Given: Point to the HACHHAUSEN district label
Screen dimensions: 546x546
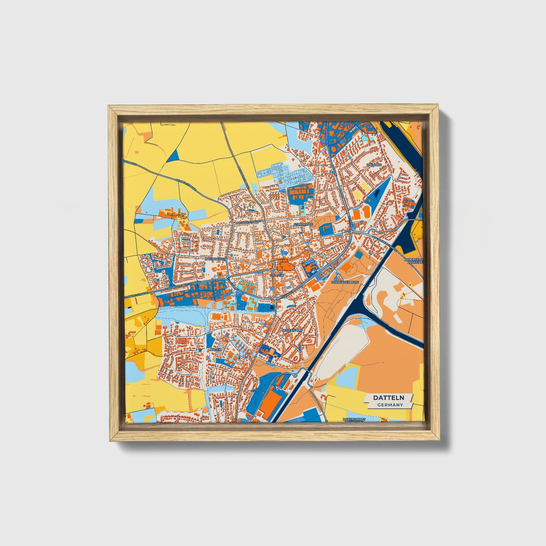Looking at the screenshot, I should (215, 259).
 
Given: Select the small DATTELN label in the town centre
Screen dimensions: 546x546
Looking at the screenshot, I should (277, 275).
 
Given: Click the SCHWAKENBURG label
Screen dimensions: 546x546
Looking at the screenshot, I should (344, 282).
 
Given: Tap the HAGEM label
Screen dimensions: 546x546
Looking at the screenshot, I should (215, 350).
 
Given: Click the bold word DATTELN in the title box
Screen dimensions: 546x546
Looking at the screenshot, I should (389, 398).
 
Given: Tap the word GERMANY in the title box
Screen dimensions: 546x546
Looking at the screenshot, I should (390, 405).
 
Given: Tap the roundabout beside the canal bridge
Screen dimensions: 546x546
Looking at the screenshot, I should (295, 376).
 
